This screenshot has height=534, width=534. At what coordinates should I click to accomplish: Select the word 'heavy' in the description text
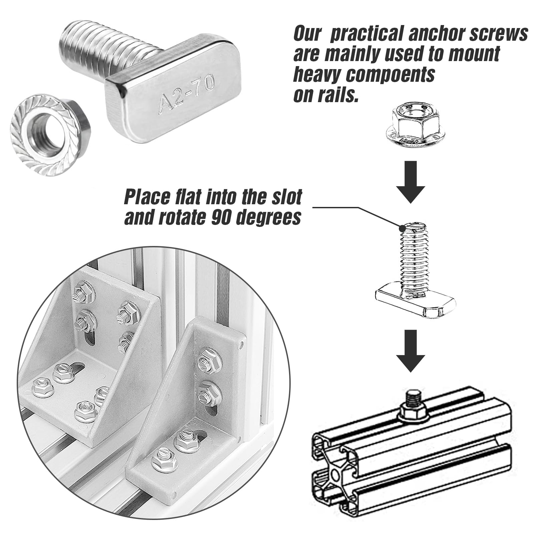(x=317, y=75)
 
